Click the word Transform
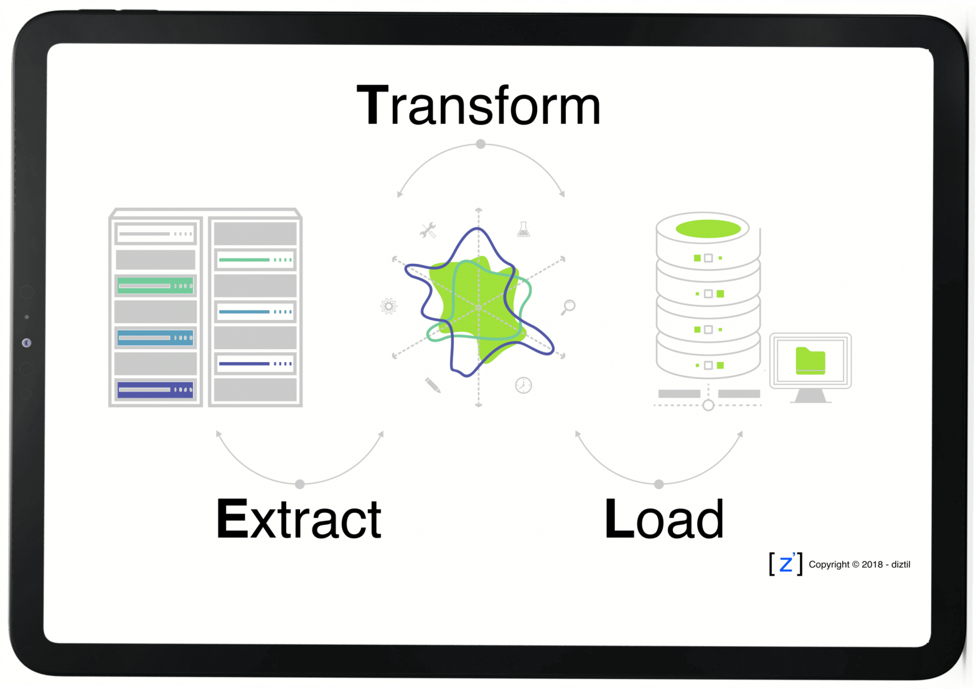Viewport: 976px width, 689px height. click(478, 106)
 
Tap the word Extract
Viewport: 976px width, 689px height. click(299, 519)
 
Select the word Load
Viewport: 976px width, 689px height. click(664, 519)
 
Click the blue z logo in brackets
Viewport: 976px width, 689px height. click(786, 563)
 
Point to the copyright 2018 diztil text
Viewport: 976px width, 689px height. click(859, 565)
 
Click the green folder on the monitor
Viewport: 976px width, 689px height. click(810, 361)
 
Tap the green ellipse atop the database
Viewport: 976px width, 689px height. click(708, 228)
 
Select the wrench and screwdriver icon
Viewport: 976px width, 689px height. click(428, 231)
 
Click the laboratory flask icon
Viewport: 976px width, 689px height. click(523, 229)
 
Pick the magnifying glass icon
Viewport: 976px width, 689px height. click(568, 307)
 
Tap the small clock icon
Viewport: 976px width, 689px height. click(523, 385)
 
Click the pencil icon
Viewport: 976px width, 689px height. click(433, 385)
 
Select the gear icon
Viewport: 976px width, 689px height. click(388, 306)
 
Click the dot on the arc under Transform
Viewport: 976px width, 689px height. click(481, 144)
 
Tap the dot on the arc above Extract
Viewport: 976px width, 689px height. click(300, 484)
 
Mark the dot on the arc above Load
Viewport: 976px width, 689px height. click(659, 484)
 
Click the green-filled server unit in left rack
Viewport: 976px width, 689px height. click(156, 286)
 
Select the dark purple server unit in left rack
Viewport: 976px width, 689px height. click(156, 390)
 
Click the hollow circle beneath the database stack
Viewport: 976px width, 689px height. click(708, 405)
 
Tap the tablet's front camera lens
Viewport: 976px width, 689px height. click(26, 343)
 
